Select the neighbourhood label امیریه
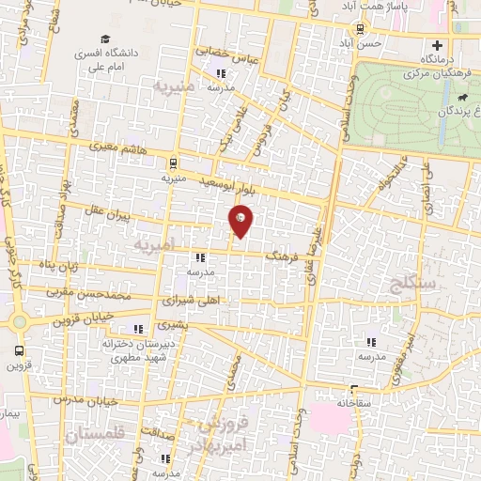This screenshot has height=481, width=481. pos(154,245)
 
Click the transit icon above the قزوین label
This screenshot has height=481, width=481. pos(18,349)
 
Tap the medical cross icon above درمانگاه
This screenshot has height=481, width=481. pos(435,45)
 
